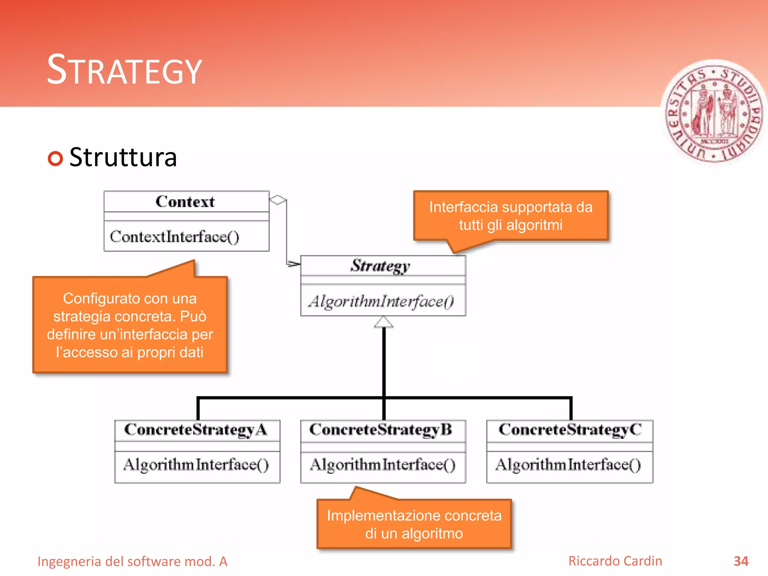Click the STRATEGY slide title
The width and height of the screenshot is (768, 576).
point(124,70)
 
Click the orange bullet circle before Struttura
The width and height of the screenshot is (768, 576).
point(55,158)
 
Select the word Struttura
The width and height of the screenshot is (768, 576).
point(123,157)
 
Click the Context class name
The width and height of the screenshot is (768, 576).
point(185,202)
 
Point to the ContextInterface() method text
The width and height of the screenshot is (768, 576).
point(174,237)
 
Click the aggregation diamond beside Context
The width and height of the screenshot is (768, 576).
point(278,200)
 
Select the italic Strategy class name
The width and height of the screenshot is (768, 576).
point(380,266)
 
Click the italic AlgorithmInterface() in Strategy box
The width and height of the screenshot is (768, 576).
point(381,301)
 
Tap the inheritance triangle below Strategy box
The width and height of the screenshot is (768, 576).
point(384,322)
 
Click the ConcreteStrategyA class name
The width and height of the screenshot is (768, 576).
point(196,430)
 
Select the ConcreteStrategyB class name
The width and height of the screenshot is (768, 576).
point(381,430)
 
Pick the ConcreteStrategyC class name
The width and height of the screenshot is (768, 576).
point(570,430)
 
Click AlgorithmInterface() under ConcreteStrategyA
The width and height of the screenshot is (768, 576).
point(196,465)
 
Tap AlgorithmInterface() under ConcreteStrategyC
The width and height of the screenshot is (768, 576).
point(568,465)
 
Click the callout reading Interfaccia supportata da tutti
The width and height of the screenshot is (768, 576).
point(511,216)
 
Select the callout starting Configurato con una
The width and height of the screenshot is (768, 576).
point(130,325)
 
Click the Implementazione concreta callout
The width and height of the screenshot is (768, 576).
point(414,524)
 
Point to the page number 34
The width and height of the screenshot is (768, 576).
point(741,561)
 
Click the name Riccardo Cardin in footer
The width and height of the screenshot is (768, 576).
point(615,561)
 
